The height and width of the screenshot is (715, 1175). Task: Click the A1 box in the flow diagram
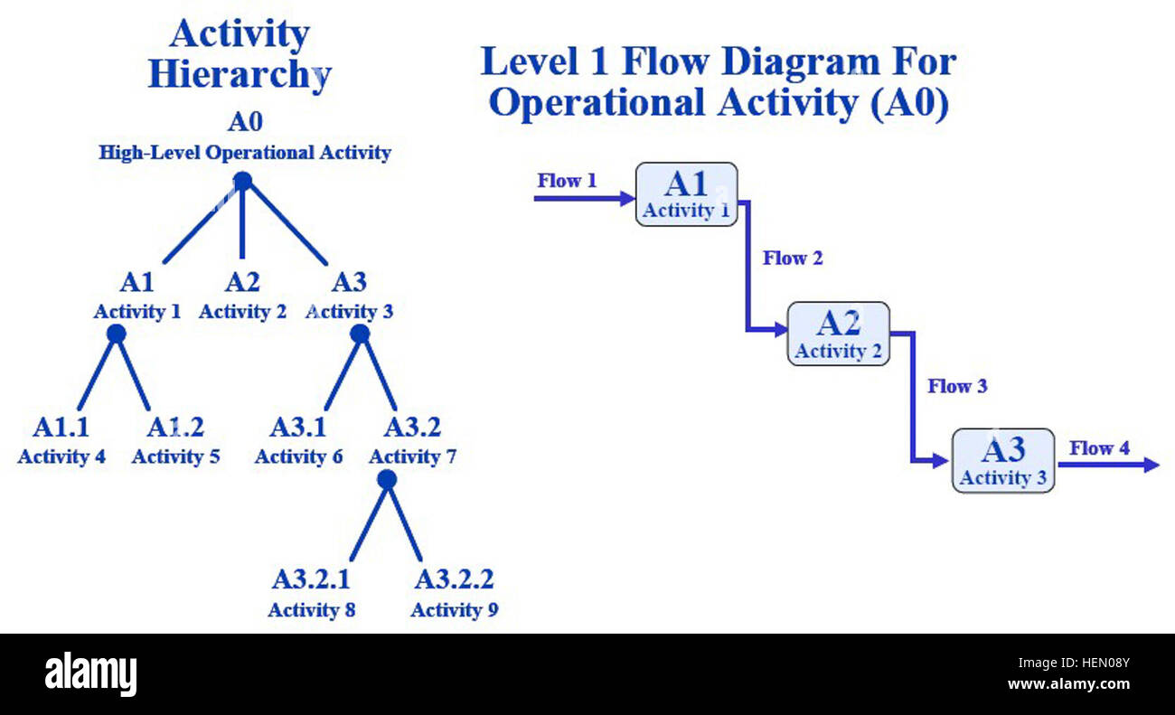686,194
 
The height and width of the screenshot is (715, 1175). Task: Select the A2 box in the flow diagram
838,334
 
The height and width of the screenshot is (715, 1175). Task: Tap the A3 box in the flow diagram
1002,460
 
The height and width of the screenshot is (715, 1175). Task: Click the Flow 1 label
567,181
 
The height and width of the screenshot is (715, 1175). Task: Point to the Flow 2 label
793,259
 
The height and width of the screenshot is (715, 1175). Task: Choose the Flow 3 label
957,387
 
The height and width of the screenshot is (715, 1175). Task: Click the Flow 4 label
1099,448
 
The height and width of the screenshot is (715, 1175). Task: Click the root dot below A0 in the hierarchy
242,182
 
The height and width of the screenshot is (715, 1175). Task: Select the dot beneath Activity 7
387,480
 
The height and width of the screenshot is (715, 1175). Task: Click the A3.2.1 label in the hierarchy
311,579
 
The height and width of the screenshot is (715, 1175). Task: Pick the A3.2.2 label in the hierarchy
454,579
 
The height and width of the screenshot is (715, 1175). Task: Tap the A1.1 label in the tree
61,427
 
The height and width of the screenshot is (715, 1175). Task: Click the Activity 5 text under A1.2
175,456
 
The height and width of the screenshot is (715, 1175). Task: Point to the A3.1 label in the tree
298,427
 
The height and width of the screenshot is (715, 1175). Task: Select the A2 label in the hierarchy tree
242,283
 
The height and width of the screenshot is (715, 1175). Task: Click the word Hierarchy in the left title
240,74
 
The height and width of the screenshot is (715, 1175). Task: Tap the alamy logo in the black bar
90,674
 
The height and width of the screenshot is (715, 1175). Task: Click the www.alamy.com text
1067,684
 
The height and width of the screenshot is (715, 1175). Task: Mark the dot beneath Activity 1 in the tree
116,334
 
